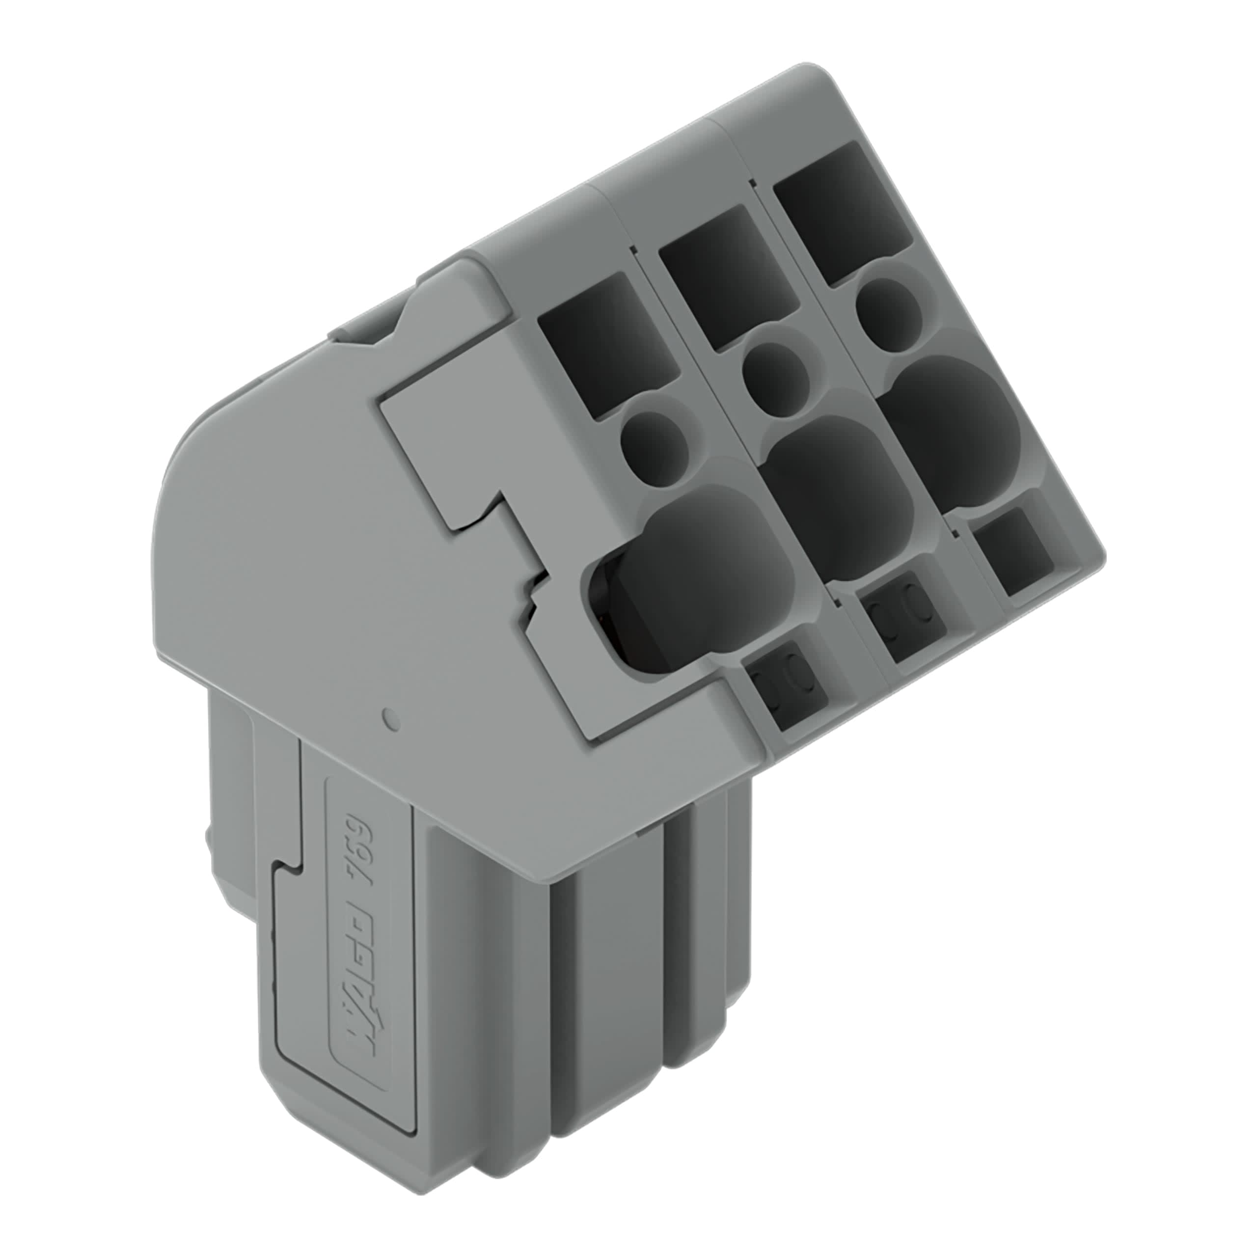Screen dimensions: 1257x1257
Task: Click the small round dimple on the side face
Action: point(391,720)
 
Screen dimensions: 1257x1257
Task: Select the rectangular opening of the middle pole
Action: point(727,278)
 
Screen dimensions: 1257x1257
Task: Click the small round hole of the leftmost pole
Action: point(655,446)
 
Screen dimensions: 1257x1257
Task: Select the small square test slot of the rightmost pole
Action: point(1015,550)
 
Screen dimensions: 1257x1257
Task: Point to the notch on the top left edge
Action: point(378,326)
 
